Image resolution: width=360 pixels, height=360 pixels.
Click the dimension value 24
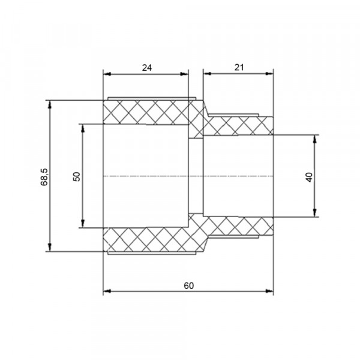click(x=147, y=68)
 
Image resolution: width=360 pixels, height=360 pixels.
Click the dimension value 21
click(x=239, y=67)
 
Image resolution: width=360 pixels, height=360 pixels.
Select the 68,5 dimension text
click(x=44, y=177)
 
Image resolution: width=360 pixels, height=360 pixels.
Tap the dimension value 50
click(x=77, y=176)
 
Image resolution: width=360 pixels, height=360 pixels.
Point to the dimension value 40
click(x=309, y=177)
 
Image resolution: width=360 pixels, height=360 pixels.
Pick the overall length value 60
click(x=189, y=286)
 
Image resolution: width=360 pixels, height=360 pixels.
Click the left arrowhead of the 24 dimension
click(x=107, y=74)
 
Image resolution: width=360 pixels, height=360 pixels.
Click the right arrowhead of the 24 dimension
click(x=184, y=74)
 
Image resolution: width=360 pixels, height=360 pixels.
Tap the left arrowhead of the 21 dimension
click(x=208, y=74)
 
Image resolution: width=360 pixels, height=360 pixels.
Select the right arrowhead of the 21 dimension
click(x=269, y=74)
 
